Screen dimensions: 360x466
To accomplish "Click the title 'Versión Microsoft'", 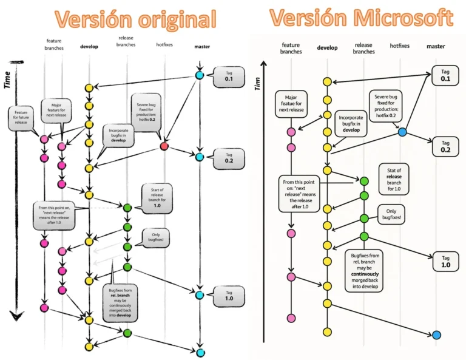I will (361, 18).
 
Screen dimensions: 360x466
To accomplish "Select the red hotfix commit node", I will (164, 147).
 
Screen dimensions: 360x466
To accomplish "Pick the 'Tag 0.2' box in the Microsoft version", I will (445, 146).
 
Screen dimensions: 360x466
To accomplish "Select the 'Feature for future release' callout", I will (22, 117).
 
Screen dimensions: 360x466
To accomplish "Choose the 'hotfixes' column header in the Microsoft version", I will (400, 46).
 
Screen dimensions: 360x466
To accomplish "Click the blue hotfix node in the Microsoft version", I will (402, 132).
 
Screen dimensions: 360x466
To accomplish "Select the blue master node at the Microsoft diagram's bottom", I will (437, 335).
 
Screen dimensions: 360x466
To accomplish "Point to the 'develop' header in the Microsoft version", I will (328, 47).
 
